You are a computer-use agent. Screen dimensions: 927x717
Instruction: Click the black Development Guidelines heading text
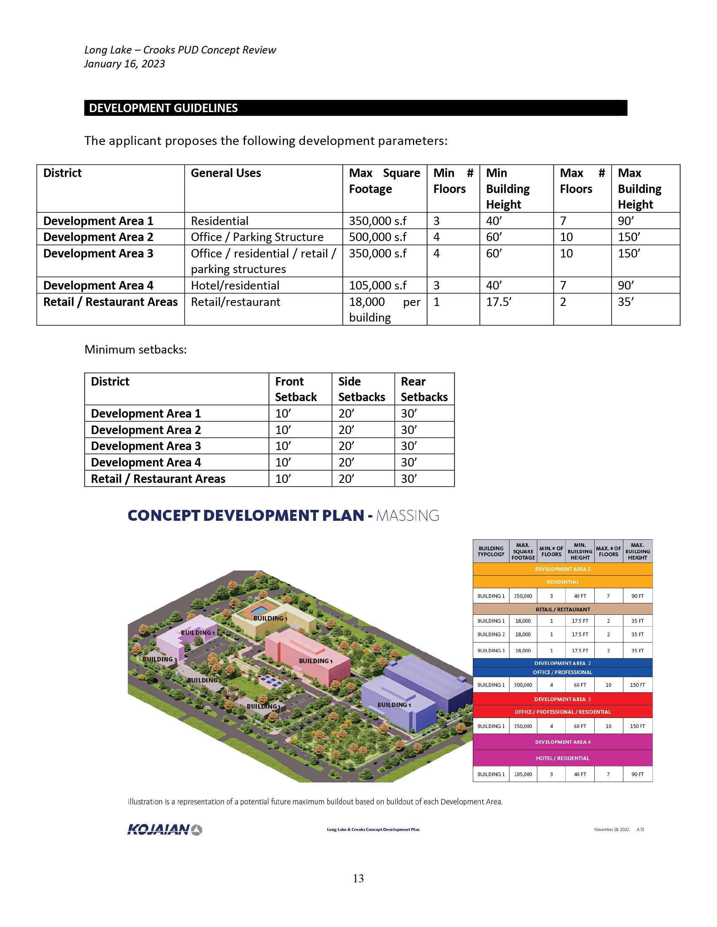[x=163, y=108]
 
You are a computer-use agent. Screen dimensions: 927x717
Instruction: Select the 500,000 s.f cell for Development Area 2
[x=377, y=237]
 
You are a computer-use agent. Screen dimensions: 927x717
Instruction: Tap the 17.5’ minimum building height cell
[x=499, y=302]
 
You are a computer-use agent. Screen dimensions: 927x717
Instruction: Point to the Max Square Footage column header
[x=384, y=181]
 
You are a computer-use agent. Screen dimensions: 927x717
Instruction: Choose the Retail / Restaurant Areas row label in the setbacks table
[x=158, y=479]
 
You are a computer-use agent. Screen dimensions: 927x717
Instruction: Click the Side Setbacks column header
[x=361, y=389]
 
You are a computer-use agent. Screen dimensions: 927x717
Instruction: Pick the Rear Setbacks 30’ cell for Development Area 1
[x=409, y=413]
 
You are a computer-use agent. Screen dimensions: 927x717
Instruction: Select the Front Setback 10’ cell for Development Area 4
[x=283, y=462]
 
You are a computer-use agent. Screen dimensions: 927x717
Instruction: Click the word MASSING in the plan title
[x=407, y=515]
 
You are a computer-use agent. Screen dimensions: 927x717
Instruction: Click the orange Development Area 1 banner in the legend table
[x=562, y=569]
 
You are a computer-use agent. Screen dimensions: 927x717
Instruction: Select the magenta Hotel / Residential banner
[x=562, y=758]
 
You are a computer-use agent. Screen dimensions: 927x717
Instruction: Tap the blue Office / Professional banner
[x=562, y=672]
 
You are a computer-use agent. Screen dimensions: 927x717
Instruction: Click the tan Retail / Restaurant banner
[x=562, y=610]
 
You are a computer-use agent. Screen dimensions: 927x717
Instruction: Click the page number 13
[x=358, y=879]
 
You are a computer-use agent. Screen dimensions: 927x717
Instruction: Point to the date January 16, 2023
[x=124, y=64]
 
